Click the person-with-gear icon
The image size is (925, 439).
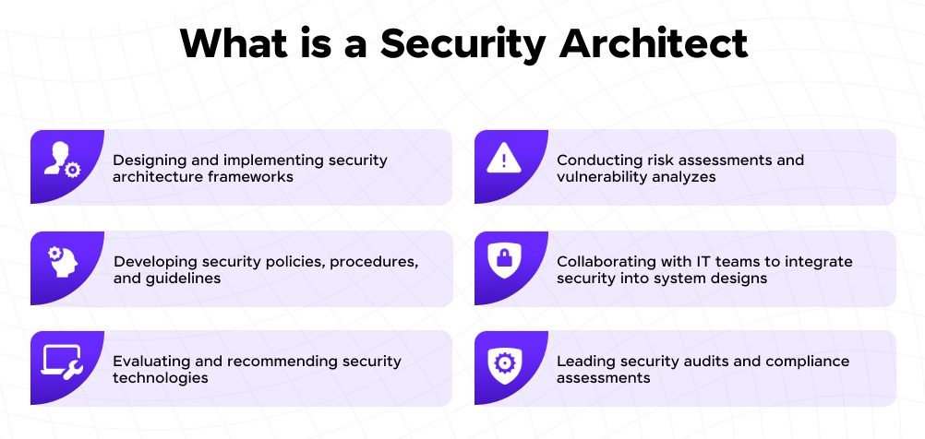pos(62,160)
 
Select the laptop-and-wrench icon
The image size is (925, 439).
pos(62,362)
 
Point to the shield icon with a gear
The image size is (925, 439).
pos(503,362)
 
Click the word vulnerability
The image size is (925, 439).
pos(600,176)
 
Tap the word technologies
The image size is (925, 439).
pos(160,377)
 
